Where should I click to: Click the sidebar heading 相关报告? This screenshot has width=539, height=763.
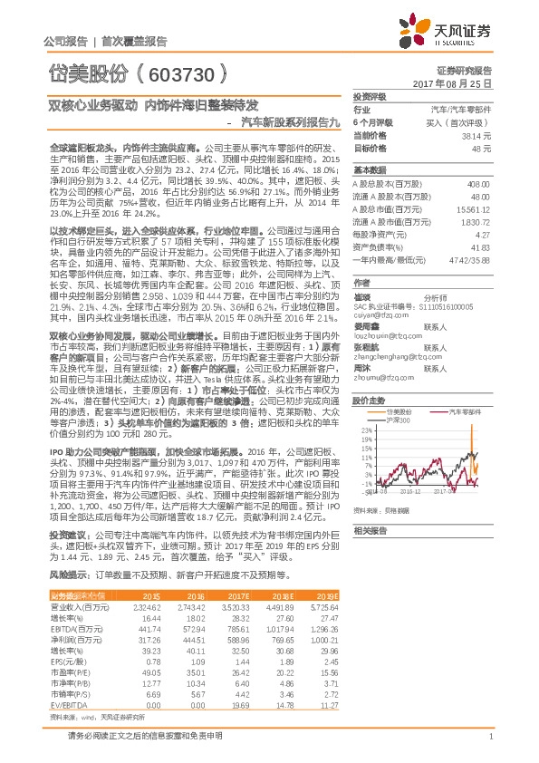coord(370,530)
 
